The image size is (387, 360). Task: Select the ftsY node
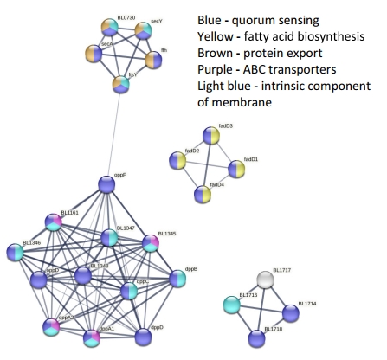(119, 84)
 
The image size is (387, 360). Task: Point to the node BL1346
(16, 253)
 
